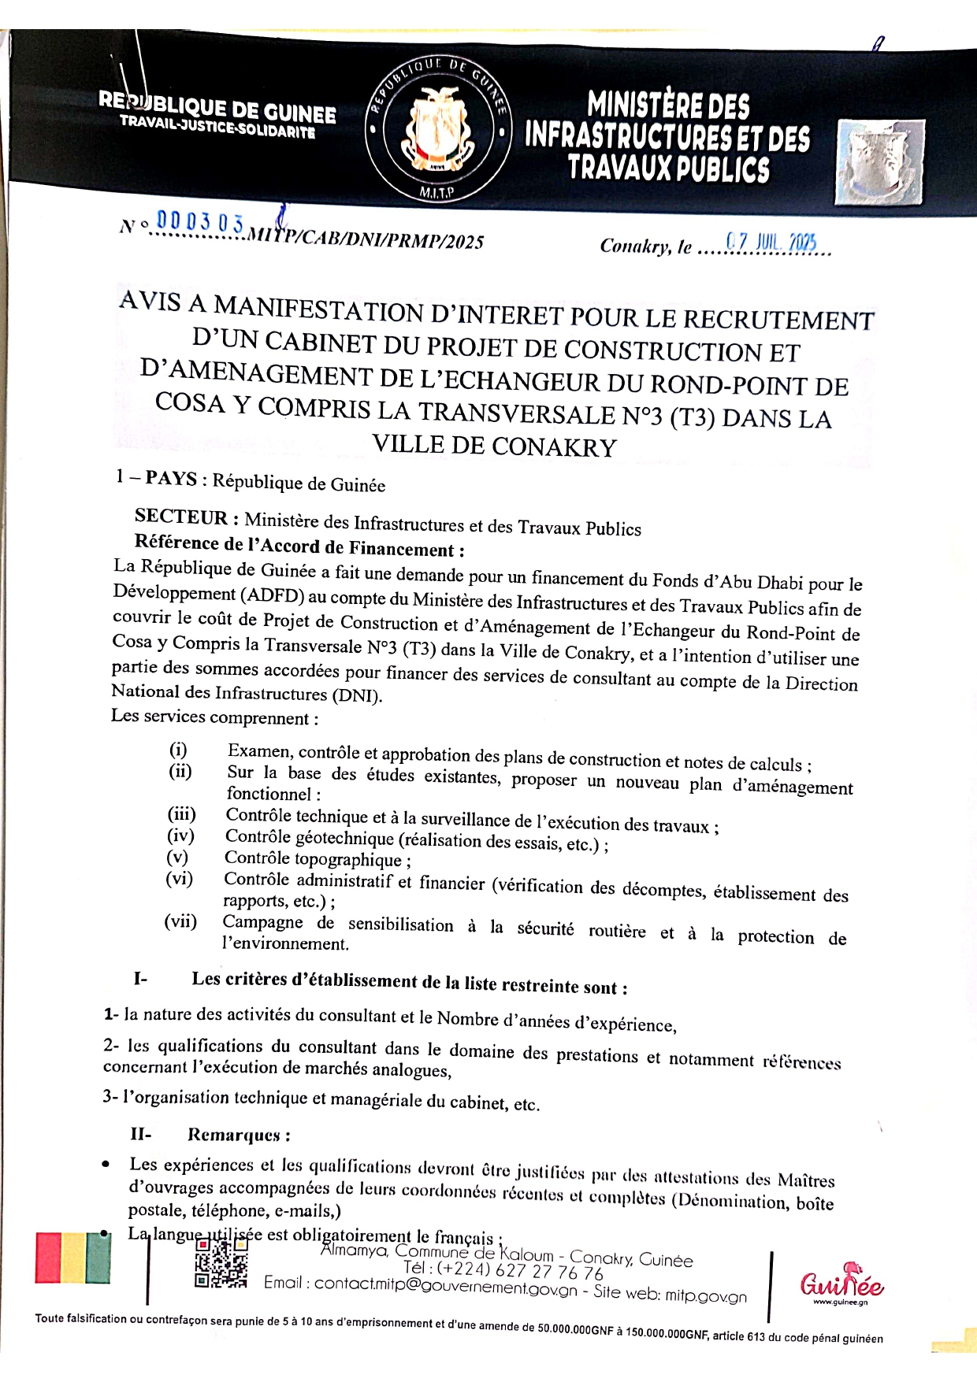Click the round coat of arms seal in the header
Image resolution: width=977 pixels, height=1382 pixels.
coord(438,131)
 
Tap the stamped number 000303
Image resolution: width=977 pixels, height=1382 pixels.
coord(200,223)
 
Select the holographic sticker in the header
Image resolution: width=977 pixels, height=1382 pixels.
coord(881,162)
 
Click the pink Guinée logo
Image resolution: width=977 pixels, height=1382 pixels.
coord(841,1284)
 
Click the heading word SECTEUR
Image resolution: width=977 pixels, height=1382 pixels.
coord(181,517)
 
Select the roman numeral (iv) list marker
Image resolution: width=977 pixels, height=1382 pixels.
coord(180,835)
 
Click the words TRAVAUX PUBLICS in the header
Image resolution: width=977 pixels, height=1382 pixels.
coord(668,169)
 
